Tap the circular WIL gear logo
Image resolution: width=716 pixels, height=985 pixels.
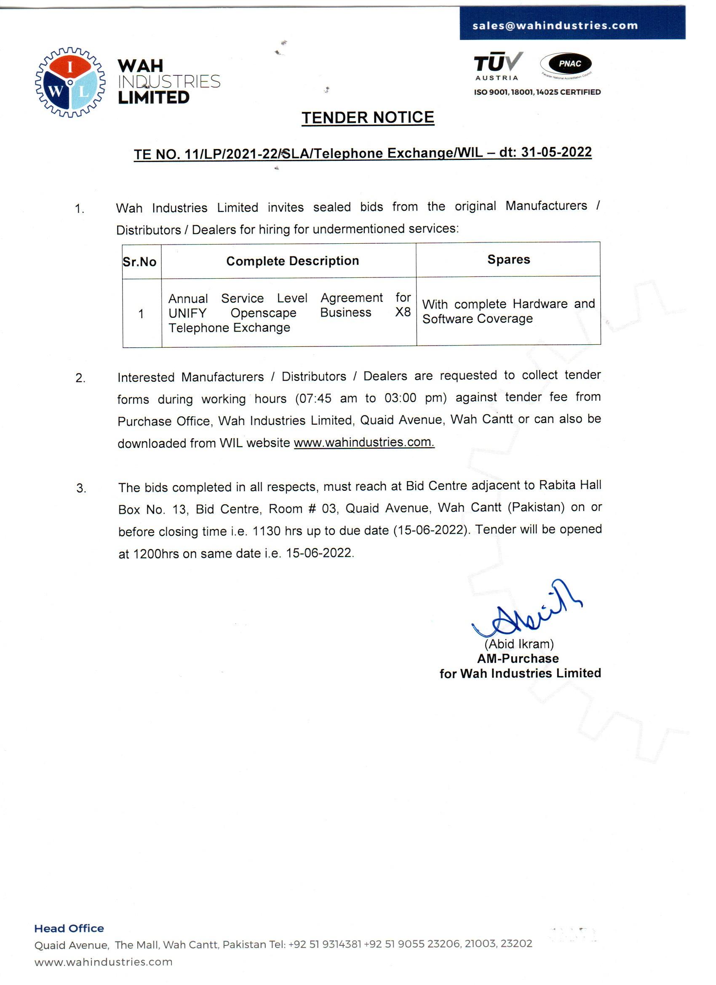click(70, 83)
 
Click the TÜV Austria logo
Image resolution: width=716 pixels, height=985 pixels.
click(497, 66)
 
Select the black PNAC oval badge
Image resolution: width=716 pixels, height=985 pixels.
click(569, 64)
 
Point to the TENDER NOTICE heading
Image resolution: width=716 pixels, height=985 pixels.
click(368, 118)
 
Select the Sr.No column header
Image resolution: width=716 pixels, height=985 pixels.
click(139, 262)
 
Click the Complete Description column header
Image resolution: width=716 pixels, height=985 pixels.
click(292, 261)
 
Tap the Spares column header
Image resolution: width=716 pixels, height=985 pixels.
click(508, 260)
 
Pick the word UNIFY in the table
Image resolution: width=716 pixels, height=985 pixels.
click(187, 313)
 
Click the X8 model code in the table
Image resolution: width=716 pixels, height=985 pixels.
click(403, 312)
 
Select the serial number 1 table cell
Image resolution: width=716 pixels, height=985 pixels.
click(141, 314)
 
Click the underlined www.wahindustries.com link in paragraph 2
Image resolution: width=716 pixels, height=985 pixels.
click(363, 442)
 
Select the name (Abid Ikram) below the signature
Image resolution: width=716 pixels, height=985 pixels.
click(519, 644)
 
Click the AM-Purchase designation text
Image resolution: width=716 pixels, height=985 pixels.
click(518, 658)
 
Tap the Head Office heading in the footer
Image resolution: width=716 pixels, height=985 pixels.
click(69, 929)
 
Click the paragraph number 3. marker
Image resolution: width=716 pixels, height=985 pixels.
click(81, 489)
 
